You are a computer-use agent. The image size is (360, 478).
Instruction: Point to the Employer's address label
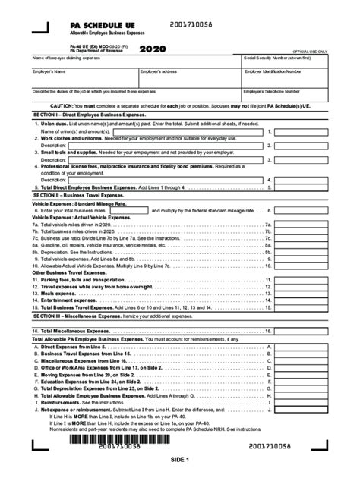(x=160, y=71)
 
